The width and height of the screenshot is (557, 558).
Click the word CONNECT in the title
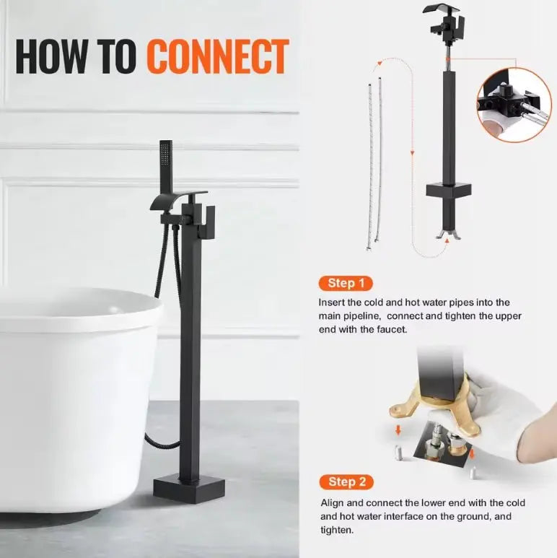[217, 56]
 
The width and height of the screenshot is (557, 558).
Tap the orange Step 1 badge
[341, 283]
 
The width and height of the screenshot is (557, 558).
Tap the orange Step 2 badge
[341, 481]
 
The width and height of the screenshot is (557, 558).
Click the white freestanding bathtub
[72, 390]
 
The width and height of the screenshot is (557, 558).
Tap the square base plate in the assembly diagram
[448, 191]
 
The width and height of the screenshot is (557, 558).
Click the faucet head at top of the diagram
[445, 22]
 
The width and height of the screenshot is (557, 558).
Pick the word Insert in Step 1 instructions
[332, 302]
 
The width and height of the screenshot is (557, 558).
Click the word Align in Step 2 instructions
[330, 502]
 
